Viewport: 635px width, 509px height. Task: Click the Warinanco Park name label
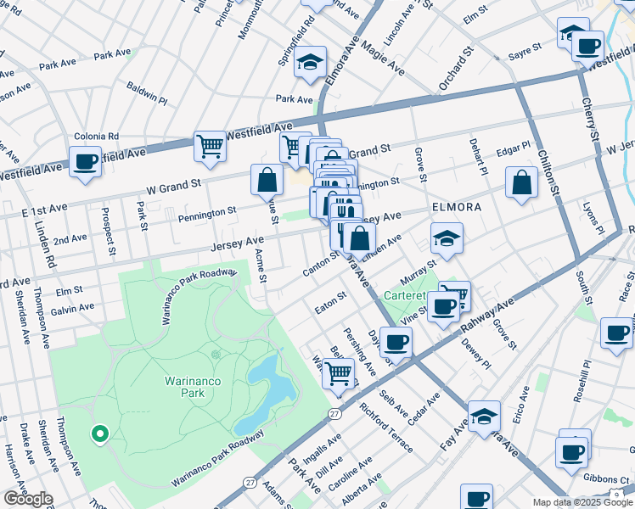point(193,388)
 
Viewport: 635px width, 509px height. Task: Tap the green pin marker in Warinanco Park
point(99,434)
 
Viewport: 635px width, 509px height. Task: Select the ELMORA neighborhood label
point(457,206)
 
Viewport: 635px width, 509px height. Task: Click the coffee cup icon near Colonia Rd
point(85,161)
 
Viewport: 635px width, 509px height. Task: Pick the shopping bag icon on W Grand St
point(267,180)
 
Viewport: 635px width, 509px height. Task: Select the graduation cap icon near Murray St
point(446,238)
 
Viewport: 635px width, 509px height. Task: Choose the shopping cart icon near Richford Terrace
point(339,372)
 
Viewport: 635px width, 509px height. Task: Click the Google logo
point(28,499)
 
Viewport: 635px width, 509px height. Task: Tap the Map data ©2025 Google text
point(582,502)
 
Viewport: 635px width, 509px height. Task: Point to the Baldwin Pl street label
point(147,92)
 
